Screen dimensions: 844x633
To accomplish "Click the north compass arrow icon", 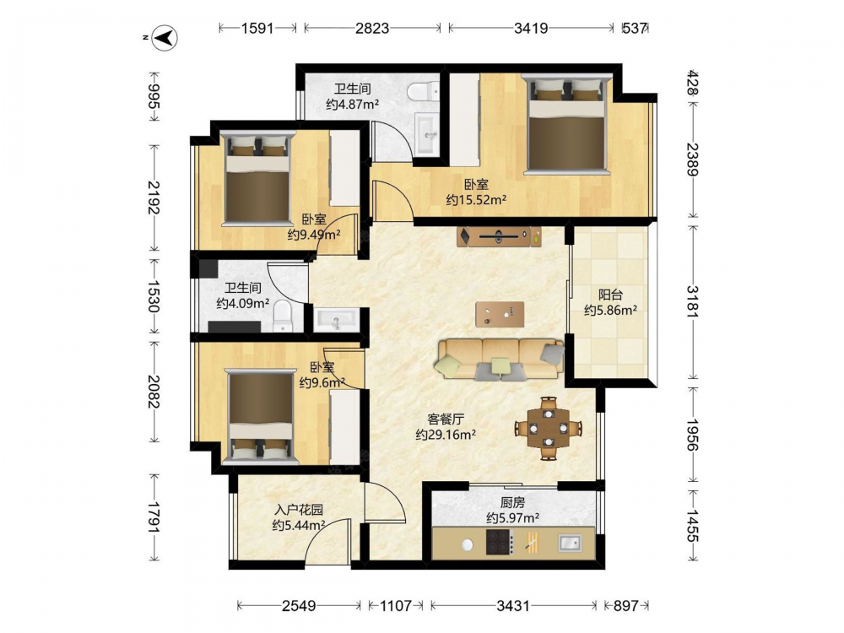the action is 165,38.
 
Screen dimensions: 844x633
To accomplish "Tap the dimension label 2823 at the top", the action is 372,28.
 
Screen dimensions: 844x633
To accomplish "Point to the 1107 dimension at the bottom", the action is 396,606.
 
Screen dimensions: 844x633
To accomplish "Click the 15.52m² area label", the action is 476,200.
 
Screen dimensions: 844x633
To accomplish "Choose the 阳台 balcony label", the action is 610,295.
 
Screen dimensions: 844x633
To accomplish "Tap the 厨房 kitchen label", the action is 512,502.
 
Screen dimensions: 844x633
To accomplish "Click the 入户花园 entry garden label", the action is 299,509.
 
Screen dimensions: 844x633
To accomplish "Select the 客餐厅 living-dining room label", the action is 446,419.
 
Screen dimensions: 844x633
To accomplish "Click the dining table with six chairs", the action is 549,429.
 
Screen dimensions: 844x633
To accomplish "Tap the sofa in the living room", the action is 500,359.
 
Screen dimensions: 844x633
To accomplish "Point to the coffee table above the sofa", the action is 500,314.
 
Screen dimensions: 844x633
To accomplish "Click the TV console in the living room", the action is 499,236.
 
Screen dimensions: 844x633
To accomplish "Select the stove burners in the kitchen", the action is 500,542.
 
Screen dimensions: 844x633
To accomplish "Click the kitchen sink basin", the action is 570,543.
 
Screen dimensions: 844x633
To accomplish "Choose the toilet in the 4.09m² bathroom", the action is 282,316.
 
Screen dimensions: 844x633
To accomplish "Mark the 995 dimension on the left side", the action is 154,96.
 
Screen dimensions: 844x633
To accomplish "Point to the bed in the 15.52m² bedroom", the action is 567,124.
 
